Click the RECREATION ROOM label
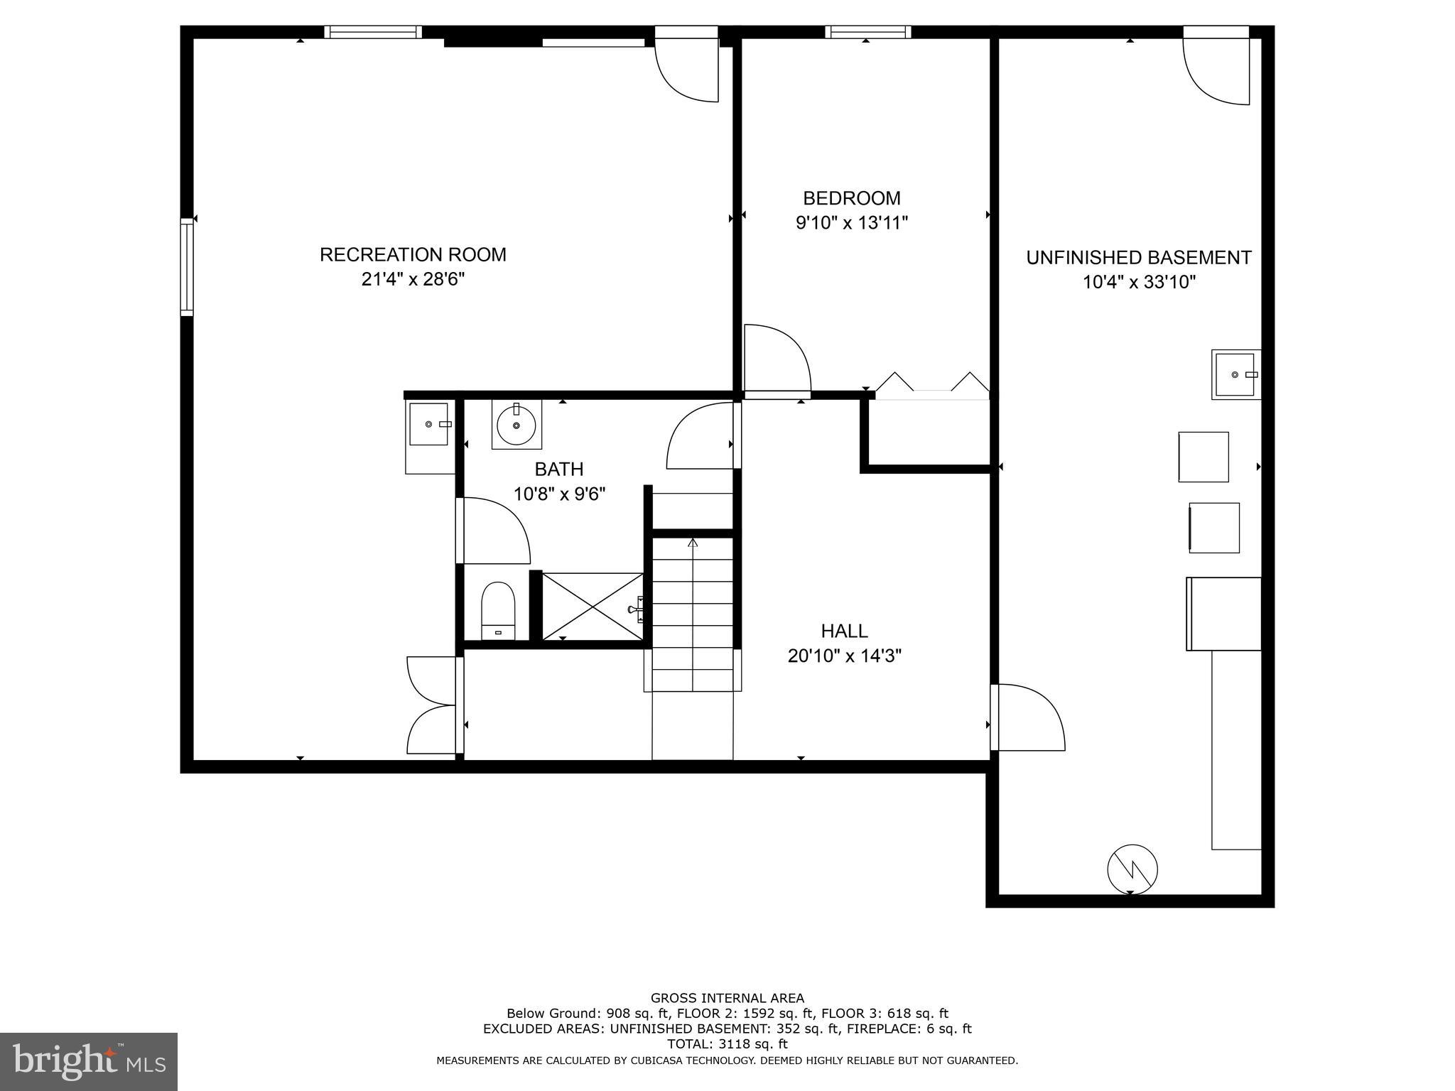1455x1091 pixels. point(413,254)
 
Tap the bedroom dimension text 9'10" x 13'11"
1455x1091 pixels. point(852,223)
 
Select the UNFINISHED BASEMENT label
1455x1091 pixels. point(1138,257)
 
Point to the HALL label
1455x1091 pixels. point(844,631)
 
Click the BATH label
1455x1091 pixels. point(559,469)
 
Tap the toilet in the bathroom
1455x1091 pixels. point(497,610)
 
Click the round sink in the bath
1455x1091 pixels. point(516,425)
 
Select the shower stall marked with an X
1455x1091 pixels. point(593,607)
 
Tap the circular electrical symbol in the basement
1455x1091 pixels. point(1132,869)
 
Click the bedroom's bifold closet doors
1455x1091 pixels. point(931,384)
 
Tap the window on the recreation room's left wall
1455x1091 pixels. point(187,266)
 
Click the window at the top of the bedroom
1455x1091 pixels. point(867,32)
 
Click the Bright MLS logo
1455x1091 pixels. point(89,1061)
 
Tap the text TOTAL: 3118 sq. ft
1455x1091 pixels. point(727,1044)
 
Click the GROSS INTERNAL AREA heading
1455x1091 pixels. point(727,998)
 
